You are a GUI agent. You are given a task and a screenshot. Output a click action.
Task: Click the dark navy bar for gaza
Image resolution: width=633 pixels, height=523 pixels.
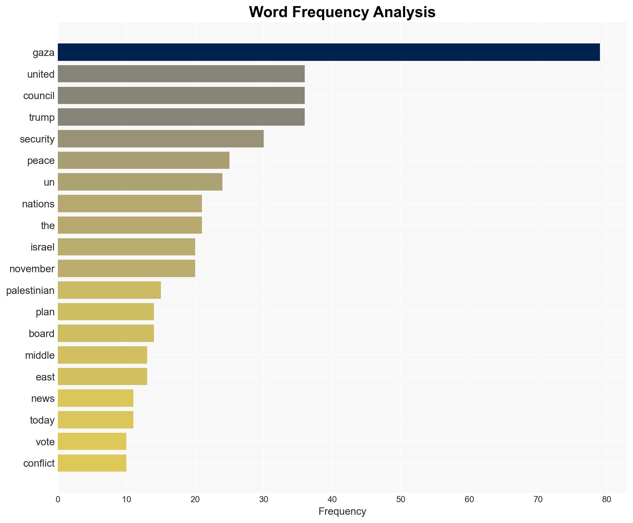(329, 52)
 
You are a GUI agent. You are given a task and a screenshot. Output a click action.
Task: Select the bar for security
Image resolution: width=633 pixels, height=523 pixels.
(161, 139)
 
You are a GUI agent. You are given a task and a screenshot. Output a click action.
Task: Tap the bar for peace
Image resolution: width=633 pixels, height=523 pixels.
(143, 160)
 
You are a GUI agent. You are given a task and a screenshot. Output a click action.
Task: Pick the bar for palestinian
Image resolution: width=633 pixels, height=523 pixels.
(109, 290)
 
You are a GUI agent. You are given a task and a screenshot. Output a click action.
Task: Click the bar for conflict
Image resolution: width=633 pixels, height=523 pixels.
(92, 463)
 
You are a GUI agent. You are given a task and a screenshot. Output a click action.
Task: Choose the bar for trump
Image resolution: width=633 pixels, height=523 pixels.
(181, 117)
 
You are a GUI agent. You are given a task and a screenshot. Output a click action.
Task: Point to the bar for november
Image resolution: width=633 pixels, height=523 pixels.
(126, 269)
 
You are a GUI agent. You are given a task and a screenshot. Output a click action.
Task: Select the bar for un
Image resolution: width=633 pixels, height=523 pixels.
(140, 182)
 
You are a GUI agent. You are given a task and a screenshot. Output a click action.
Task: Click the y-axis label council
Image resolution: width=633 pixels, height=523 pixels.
(39, 96)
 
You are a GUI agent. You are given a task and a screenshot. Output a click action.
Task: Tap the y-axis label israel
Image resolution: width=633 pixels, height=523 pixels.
(43, 247)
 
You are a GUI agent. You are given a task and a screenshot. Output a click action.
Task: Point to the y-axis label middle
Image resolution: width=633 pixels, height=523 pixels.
(40, 355)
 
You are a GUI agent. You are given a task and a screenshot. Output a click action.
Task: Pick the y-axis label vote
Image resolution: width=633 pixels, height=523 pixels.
(45, 442)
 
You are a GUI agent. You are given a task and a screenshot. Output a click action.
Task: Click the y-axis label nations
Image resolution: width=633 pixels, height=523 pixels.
(38, 204)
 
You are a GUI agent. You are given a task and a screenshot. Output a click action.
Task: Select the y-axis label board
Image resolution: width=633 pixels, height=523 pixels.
(42, 334)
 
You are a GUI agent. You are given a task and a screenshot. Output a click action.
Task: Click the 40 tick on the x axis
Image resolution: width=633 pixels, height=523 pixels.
(332, 499)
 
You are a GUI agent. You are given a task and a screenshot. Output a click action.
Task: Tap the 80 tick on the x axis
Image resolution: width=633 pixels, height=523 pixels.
(606, 499)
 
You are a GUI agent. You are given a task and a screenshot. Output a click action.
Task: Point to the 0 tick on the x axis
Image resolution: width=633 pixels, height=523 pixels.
(58, 499)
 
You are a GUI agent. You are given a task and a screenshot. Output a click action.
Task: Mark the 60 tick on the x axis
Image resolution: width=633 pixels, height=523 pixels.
(469, 499)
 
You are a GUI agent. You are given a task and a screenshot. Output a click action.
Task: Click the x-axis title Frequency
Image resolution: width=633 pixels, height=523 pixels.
(342, 511)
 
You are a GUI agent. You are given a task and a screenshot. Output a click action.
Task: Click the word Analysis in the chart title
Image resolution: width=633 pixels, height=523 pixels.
(404, 12)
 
